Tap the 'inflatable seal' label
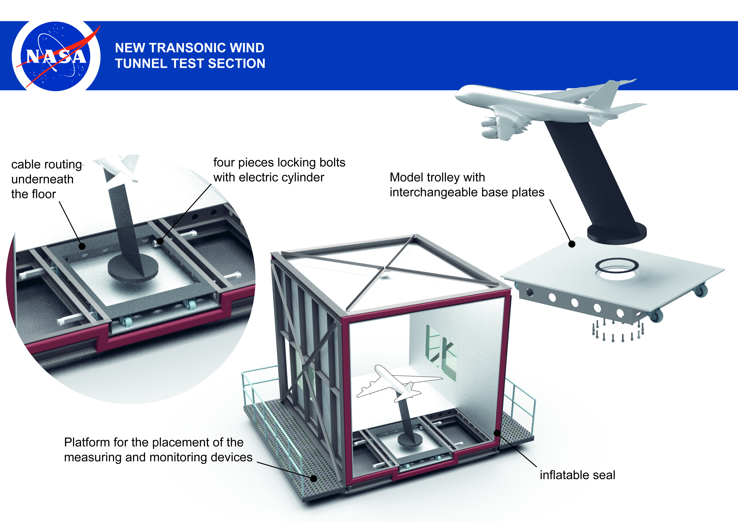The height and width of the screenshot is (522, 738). coord(577,475)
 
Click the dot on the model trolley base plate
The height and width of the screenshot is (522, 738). coord(572,244)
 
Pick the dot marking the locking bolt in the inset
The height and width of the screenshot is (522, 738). coord(160,241)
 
